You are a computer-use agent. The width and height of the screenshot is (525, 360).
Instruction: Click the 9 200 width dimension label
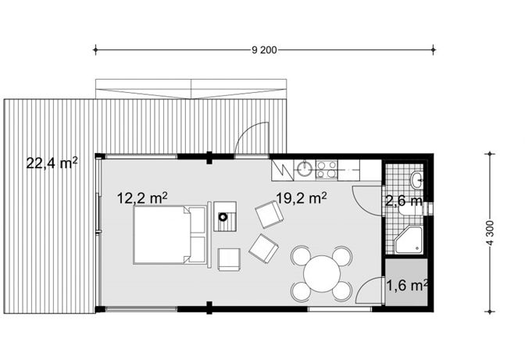[x=264, y=50]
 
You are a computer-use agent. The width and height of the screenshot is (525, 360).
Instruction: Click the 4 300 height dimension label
[x=490, y=233]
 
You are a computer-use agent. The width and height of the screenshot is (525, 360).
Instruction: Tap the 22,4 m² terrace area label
[x=52, y=163]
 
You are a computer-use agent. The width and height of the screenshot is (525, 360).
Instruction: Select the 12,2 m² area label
[x=142, y=198]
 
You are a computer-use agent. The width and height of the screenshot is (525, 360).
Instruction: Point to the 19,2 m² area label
[x=302, y=198]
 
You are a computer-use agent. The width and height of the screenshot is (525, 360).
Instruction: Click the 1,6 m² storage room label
[x=407, y=285]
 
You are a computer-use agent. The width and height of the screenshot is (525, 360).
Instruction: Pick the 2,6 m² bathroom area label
[x=404, y=201]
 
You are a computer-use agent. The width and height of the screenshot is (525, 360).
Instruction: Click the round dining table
[x=322, y=273]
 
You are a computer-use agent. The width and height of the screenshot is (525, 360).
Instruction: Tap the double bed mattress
[x=159, y=235]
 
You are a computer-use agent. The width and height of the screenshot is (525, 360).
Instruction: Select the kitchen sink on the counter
[x=305, y=169]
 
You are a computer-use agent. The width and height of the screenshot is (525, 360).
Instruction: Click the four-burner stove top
[x=327, y=169]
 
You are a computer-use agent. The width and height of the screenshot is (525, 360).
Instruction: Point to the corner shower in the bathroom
[x=408, y=240]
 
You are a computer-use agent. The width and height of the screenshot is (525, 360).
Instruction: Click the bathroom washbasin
[x=417, y=180]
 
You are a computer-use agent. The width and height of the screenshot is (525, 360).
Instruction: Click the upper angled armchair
[x=270, y=215]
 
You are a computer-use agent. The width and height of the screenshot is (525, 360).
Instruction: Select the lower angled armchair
[x=264, y=248]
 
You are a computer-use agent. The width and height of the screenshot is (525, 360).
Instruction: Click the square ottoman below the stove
[x=229, y=259]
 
